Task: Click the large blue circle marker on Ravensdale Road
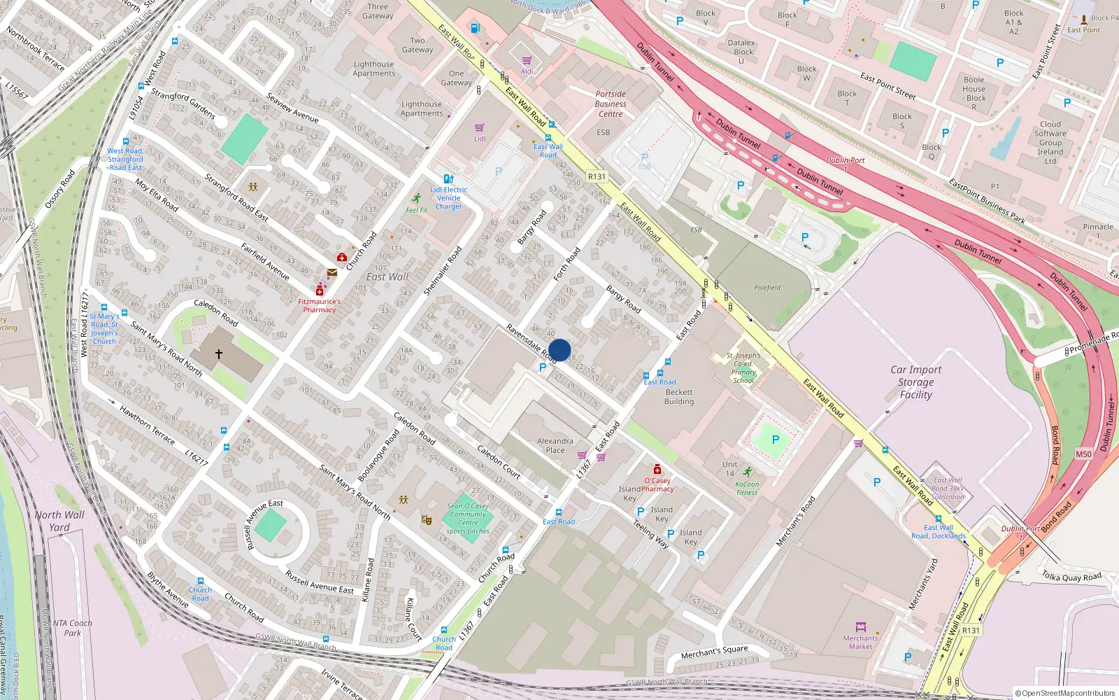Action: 559,350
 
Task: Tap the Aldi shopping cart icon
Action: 527,61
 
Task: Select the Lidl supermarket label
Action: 480,139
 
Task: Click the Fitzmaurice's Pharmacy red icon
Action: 320,290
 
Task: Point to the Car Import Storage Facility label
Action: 915,382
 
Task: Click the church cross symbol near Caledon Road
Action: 219,354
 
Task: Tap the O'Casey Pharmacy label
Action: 657,484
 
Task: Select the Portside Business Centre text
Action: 611,104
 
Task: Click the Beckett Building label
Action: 679,397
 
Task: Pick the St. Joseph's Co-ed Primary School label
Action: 743,367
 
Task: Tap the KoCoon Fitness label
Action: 747,488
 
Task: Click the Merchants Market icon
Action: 861,627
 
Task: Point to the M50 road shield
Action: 1083,454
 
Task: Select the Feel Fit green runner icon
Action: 417,199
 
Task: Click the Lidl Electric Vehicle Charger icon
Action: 448,179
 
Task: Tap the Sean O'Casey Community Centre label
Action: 468,518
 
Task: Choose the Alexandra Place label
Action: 555,445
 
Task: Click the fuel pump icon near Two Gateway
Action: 476,29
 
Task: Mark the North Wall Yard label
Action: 59,521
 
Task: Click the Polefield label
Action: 767,288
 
